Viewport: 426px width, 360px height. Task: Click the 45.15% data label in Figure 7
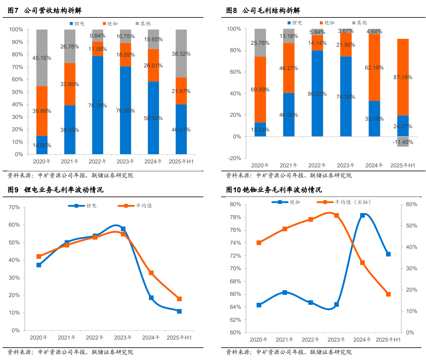pos(42,58)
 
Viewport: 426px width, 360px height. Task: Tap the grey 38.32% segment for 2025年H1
pos(181,54)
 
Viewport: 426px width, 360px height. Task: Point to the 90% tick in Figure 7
pos(17,42)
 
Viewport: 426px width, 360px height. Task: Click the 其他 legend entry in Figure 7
pos(143,23)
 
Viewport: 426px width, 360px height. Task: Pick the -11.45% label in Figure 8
pos(403,142)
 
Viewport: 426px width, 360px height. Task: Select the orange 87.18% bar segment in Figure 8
pos(403,77)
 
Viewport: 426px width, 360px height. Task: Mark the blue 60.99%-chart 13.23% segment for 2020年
pos(260,129)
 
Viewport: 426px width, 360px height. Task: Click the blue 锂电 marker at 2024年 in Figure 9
pos(151,298)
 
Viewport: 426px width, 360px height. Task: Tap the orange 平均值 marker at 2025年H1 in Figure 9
pos(179,299)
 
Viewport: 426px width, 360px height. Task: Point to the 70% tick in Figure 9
pos(14,207)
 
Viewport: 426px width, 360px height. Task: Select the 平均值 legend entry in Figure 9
pos(135,206)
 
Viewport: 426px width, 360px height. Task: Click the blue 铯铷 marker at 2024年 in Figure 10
pos(363,215)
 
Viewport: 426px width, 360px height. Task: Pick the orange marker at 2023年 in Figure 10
pos(337,216)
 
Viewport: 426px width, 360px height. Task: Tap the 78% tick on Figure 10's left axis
pos(235,217)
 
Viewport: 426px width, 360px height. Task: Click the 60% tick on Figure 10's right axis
pos(412,204)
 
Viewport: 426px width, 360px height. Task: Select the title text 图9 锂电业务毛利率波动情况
pos(56,190)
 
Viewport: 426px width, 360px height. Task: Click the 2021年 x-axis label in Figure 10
pos(285,340)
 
